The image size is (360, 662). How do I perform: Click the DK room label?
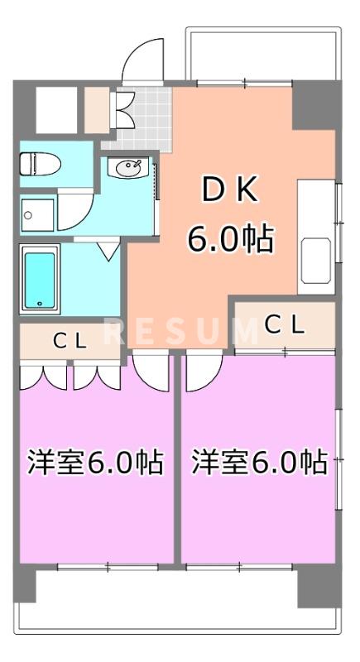coord(231,191)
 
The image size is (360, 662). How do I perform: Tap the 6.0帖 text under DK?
coord(231,239)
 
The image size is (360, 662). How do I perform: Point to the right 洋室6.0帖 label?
coord(258,463)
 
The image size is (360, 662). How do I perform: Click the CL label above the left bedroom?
coord(70,340)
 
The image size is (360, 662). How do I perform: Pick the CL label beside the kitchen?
coord(285,325)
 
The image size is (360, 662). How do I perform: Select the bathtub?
coord(40,280)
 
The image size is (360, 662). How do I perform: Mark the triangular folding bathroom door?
coord(108,250)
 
